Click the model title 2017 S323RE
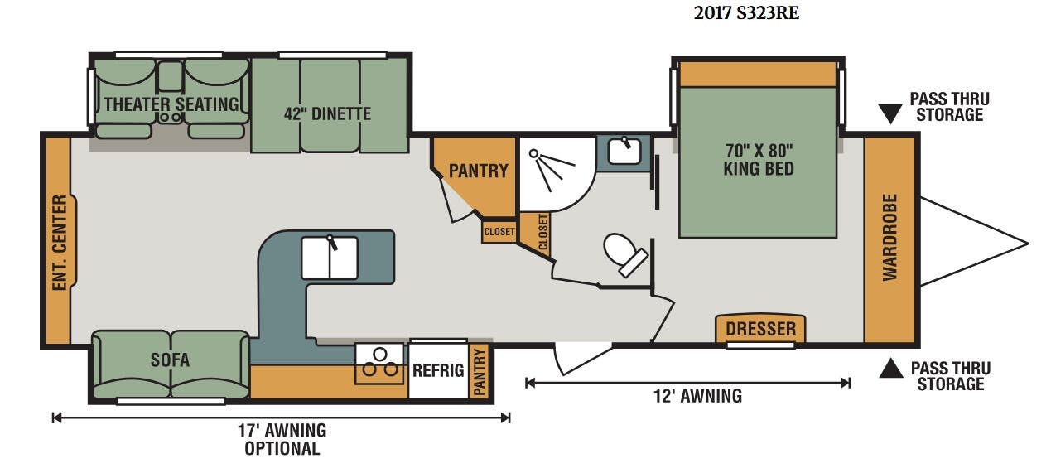tap(746, 13)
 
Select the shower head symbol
tap(533, 153)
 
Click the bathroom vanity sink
tap(624, 151)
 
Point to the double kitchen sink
tap(330, 258)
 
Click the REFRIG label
tap(438, 371)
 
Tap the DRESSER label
tap(760, 329)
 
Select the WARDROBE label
tap(890, 238)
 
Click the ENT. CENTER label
tap(60, 243)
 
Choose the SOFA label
tap(170, 360)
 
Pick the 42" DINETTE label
tap(327, 113)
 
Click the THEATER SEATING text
tap(171, 104)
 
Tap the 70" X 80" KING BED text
tap(759, 160)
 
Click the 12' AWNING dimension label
tap(697, 396)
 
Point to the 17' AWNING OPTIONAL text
tap(282, 439)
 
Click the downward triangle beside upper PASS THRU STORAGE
tap(890, 113)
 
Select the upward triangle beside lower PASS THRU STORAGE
tap(891, 369)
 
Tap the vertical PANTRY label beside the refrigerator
tap(479, 372)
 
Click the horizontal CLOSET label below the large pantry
tap(499, 232)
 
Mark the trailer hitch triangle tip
tap(1029, 244)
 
